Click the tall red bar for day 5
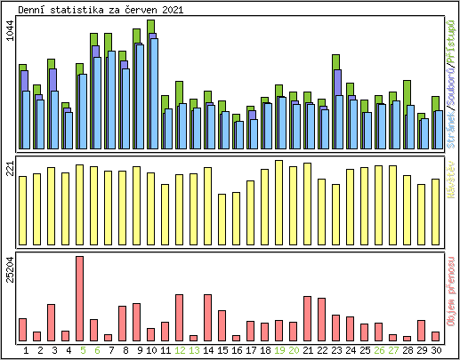[x=80, y=299]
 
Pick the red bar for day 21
[x=308, y=318]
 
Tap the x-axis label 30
[x=436, y=350]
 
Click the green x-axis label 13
[x=194, y=350]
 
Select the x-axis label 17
[x=251, y=350]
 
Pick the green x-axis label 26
[x=379, y=350]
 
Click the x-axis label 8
[x=123, y=350]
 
